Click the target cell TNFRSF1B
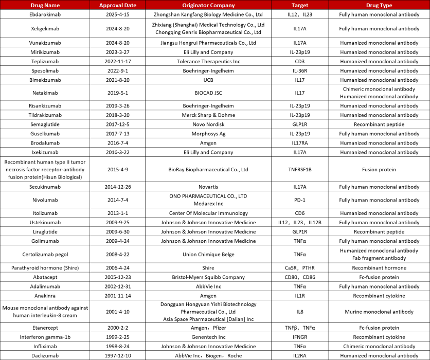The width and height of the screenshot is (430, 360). (x=300, y=169)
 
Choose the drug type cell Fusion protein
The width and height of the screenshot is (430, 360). (x=380, y=169)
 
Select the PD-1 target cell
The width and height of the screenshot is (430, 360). (x=300, y=200)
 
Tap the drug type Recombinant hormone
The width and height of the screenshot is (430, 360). (x=380, y=268)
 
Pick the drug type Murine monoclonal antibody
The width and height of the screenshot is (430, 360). (x=380, y=312)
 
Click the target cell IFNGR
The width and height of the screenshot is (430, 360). (x=300, y=337)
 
